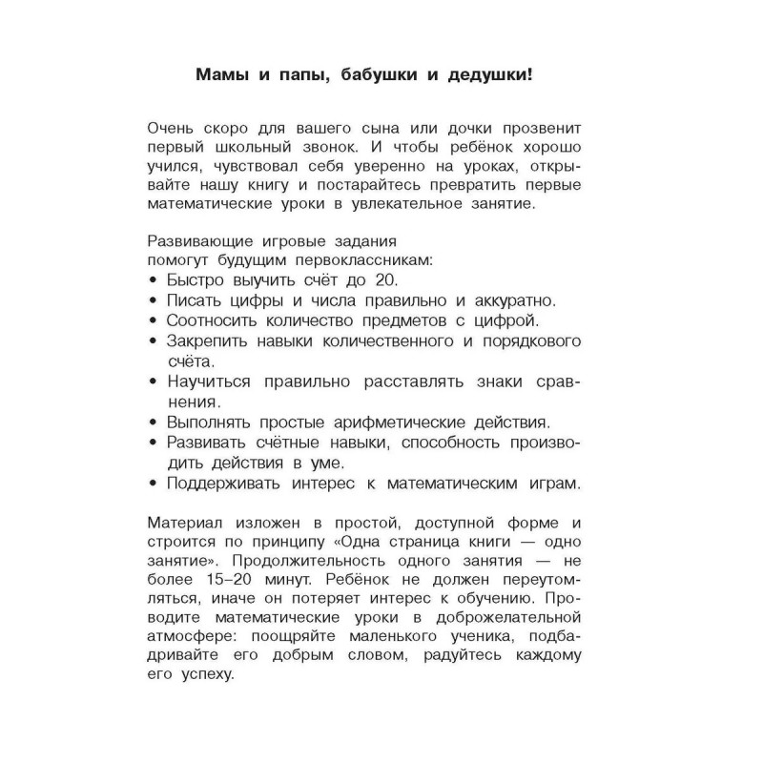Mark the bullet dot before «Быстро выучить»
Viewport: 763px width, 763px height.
[155, 280]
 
